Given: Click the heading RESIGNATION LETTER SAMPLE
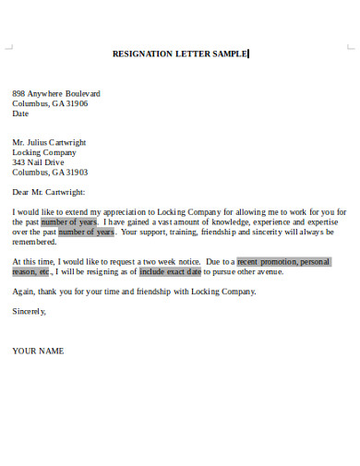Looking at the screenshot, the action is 180,54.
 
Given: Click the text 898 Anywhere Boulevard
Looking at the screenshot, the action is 56,94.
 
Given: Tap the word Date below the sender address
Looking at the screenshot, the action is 20,114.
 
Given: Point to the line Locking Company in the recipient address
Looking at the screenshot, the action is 44,152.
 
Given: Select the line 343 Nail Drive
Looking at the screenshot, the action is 40,162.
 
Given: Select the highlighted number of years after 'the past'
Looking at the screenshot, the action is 69,222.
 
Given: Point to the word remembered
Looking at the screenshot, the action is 34,242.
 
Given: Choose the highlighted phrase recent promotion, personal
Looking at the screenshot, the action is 283,261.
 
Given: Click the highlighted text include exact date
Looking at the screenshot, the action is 170,271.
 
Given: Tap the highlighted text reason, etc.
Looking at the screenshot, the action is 32,271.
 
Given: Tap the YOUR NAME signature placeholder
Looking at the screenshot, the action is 38,351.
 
